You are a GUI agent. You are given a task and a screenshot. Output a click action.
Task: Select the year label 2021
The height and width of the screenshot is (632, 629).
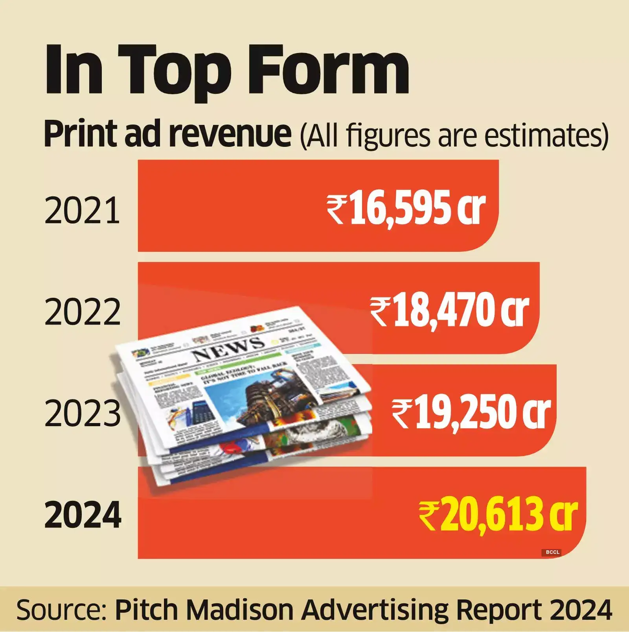(82, 211)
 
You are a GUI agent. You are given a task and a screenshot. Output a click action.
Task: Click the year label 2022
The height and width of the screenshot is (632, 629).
(82, 312)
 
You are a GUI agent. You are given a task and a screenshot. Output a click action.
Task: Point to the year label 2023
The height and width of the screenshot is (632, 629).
(82, 413)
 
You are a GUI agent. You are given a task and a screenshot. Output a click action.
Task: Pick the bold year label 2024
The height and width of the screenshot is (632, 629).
(83, 515)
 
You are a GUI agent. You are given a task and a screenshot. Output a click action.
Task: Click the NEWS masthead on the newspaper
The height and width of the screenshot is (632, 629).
(228, 348)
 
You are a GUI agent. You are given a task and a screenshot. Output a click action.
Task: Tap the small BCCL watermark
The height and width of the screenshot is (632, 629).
(552, 552)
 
